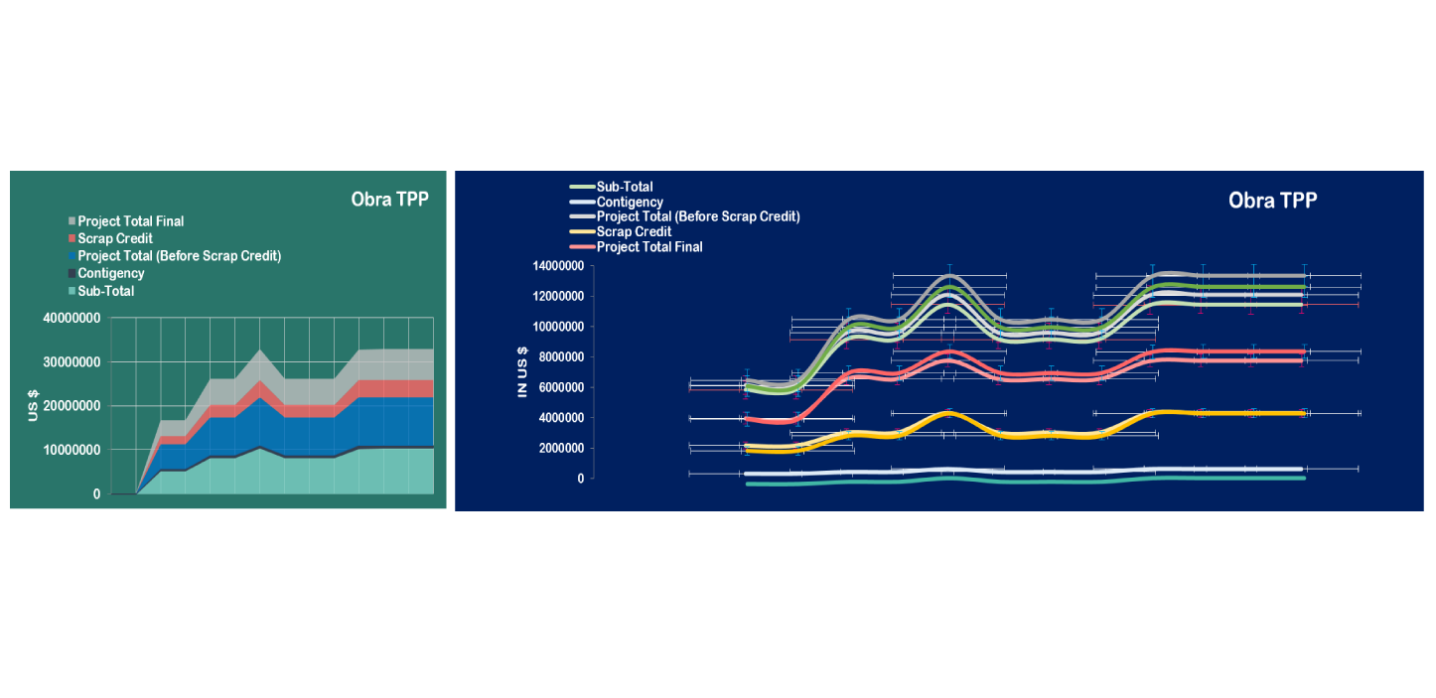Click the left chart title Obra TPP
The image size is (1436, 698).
click(x=389, y=199)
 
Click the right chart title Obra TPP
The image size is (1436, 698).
click(x=1272, y=201)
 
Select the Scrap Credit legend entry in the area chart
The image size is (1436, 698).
click(x=115, y=239)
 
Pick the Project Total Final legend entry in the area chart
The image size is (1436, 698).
click(x=130, y=221)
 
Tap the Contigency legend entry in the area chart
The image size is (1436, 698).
click(x=110, y=273)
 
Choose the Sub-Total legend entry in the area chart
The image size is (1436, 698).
click(x=105, y=291)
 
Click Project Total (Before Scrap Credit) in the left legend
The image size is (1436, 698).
click(x=179, y=256)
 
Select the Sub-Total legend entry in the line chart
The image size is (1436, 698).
click(x=624, y=187)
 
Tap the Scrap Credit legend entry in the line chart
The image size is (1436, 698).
click(x=634, y=231)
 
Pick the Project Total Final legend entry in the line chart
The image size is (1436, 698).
click(x=648, y=246)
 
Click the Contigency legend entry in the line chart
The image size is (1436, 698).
click(x=630, y=202)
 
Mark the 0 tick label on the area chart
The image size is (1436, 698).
click(x=96, y=493)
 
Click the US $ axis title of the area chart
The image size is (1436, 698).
click(x=33, y=406)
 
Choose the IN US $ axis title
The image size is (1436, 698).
click(x=522, y=371)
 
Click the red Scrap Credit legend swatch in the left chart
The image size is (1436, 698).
click(x=72, y=239)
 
